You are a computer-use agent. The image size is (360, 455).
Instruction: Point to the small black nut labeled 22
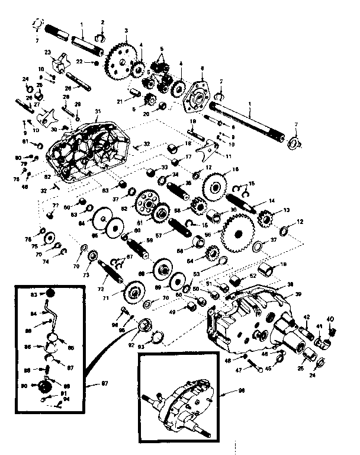point(96,62)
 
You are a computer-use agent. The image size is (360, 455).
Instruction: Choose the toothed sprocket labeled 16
point(215,184)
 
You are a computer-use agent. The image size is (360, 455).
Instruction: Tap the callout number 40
point(330,319)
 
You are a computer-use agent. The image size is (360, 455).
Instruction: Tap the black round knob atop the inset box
point(52,294)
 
